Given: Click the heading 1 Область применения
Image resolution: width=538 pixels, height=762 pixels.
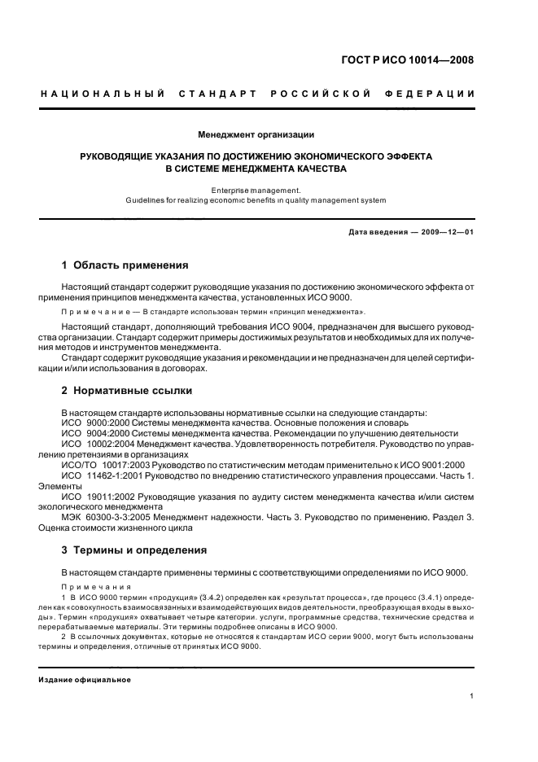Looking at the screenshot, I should (125, 265).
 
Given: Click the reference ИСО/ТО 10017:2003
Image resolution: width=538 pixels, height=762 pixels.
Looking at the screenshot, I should (97, 464).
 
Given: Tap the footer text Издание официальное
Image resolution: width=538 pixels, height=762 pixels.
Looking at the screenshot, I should (85, 680).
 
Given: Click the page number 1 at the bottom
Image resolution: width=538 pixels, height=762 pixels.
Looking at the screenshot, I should (472, 696).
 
